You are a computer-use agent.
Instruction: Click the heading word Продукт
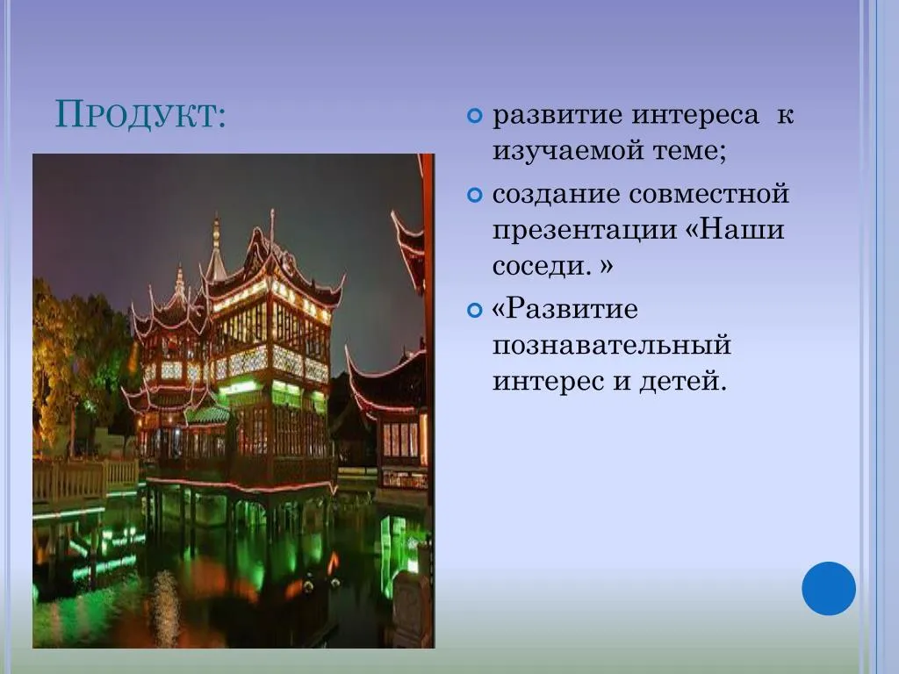coord(140,115)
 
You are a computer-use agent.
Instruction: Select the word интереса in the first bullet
coord(695,115)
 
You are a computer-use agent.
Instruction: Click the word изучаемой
coord(567,151)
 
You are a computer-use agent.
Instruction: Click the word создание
coord(556,193)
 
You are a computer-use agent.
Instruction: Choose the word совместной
coord(709,194)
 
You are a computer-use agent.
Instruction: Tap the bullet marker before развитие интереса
coord(475,117)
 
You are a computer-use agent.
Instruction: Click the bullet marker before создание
coord(475,196)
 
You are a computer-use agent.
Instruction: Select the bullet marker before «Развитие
coord(475,311)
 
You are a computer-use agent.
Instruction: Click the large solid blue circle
coord(829,588)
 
